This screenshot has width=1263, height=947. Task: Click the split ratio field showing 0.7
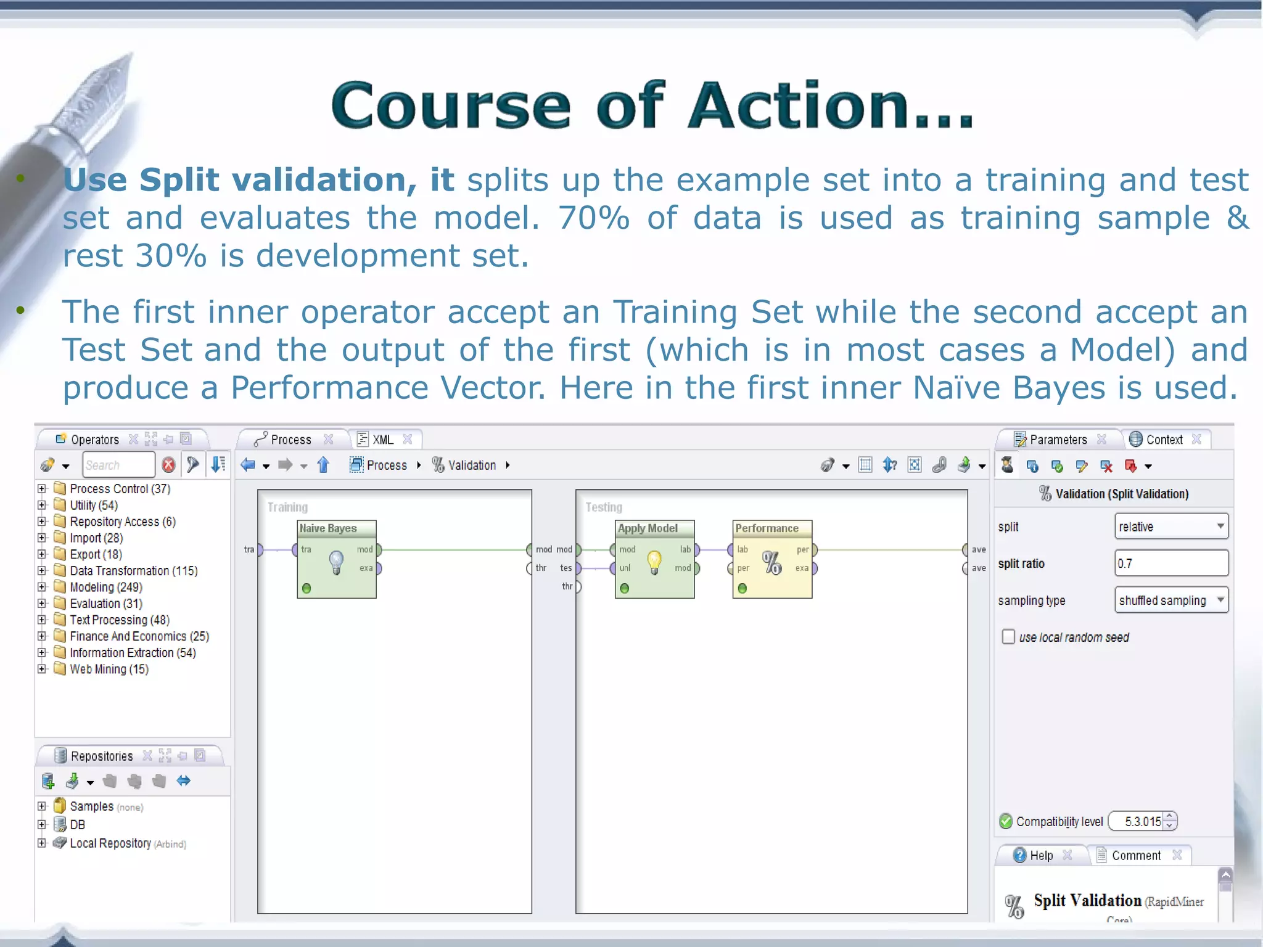tap(1170, 564)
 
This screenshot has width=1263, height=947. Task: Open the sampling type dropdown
tap(1170, 601)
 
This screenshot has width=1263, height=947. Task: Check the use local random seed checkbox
tap(1008, 637)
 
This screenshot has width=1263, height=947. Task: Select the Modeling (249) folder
tap(105, 587)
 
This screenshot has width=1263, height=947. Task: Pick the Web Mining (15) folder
tap(109, 669)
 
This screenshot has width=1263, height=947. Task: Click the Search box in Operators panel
tap(118, 465)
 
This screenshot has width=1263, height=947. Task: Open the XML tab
tap(382, 440)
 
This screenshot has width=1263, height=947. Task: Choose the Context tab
tap(1164, 440)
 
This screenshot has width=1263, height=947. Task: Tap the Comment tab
tap(1135, 855)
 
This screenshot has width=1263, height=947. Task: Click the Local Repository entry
tap(110, 843)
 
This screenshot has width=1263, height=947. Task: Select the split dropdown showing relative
tap(1170, 527)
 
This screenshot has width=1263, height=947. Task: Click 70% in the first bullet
tap(593, 218)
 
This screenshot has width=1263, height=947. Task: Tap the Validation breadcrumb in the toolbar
tap(471, 465)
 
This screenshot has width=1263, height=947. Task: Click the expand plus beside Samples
tap(42, 806)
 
